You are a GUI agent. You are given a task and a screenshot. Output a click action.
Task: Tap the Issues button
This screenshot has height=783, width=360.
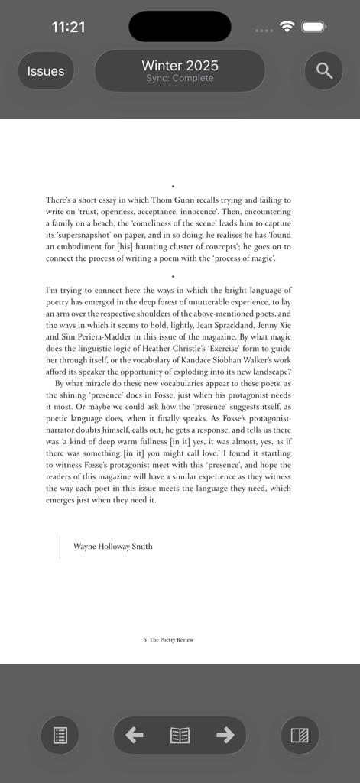pyautogui.click(x=46, y=71)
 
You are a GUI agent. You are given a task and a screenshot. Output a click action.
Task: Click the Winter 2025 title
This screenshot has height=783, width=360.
pyautogui.click(x=180, y=66)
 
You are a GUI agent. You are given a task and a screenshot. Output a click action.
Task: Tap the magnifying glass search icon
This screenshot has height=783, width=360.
pyautogui.click(x=324, y=71)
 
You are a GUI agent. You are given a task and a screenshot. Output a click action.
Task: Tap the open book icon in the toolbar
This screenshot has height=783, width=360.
pyautogui.click(x=180, y=736)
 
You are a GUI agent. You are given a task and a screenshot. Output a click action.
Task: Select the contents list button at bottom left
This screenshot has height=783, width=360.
pyautogui.click(x=60, y=736)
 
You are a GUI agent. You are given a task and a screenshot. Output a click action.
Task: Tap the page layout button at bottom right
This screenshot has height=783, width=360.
pyautogui.click(x=300, y=736)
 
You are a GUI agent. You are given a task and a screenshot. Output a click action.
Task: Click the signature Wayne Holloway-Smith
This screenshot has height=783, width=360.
pyautogui.click(x=112, y=547)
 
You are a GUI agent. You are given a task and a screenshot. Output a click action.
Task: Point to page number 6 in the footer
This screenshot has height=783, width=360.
pyautogui.click(x=144, y=640)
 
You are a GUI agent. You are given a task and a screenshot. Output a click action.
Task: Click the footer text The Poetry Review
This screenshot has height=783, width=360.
pyautogui.click(x=171, y=640)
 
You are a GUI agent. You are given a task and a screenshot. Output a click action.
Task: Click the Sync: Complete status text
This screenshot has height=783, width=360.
pyautogui.click(x=180, y=79)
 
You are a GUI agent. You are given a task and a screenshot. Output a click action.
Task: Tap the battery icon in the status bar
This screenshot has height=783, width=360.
pyautogui.click(x=314, y=27)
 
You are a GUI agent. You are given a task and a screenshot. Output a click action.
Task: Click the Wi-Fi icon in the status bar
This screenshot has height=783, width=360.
pyautogui.click(x=287, y=27)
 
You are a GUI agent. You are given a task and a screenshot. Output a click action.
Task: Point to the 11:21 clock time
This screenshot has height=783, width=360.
pyautogui.click(x=68, y=28)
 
